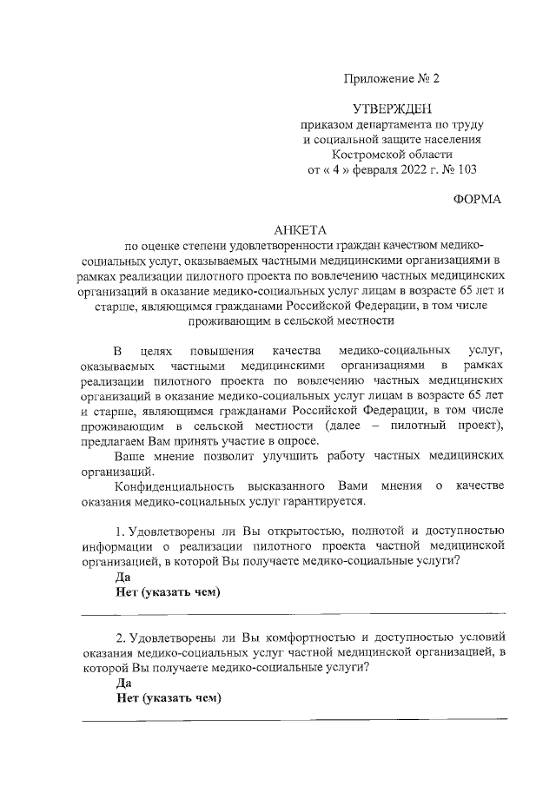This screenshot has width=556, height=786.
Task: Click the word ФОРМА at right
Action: pyautogui.click(x=477, y=199)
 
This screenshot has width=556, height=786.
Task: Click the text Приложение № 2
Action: pyautogui.click(x=392, y=78)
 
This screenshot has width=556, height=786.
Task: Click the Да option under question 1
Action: pyautogui.click(x=122, y=577)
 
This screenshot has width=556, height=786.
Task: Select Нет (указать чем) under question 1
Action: pyautogui.click(x=167, y=592)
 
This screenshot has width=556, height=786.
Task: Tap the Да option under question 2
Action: pyautogui.click(x=122, y=684)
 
